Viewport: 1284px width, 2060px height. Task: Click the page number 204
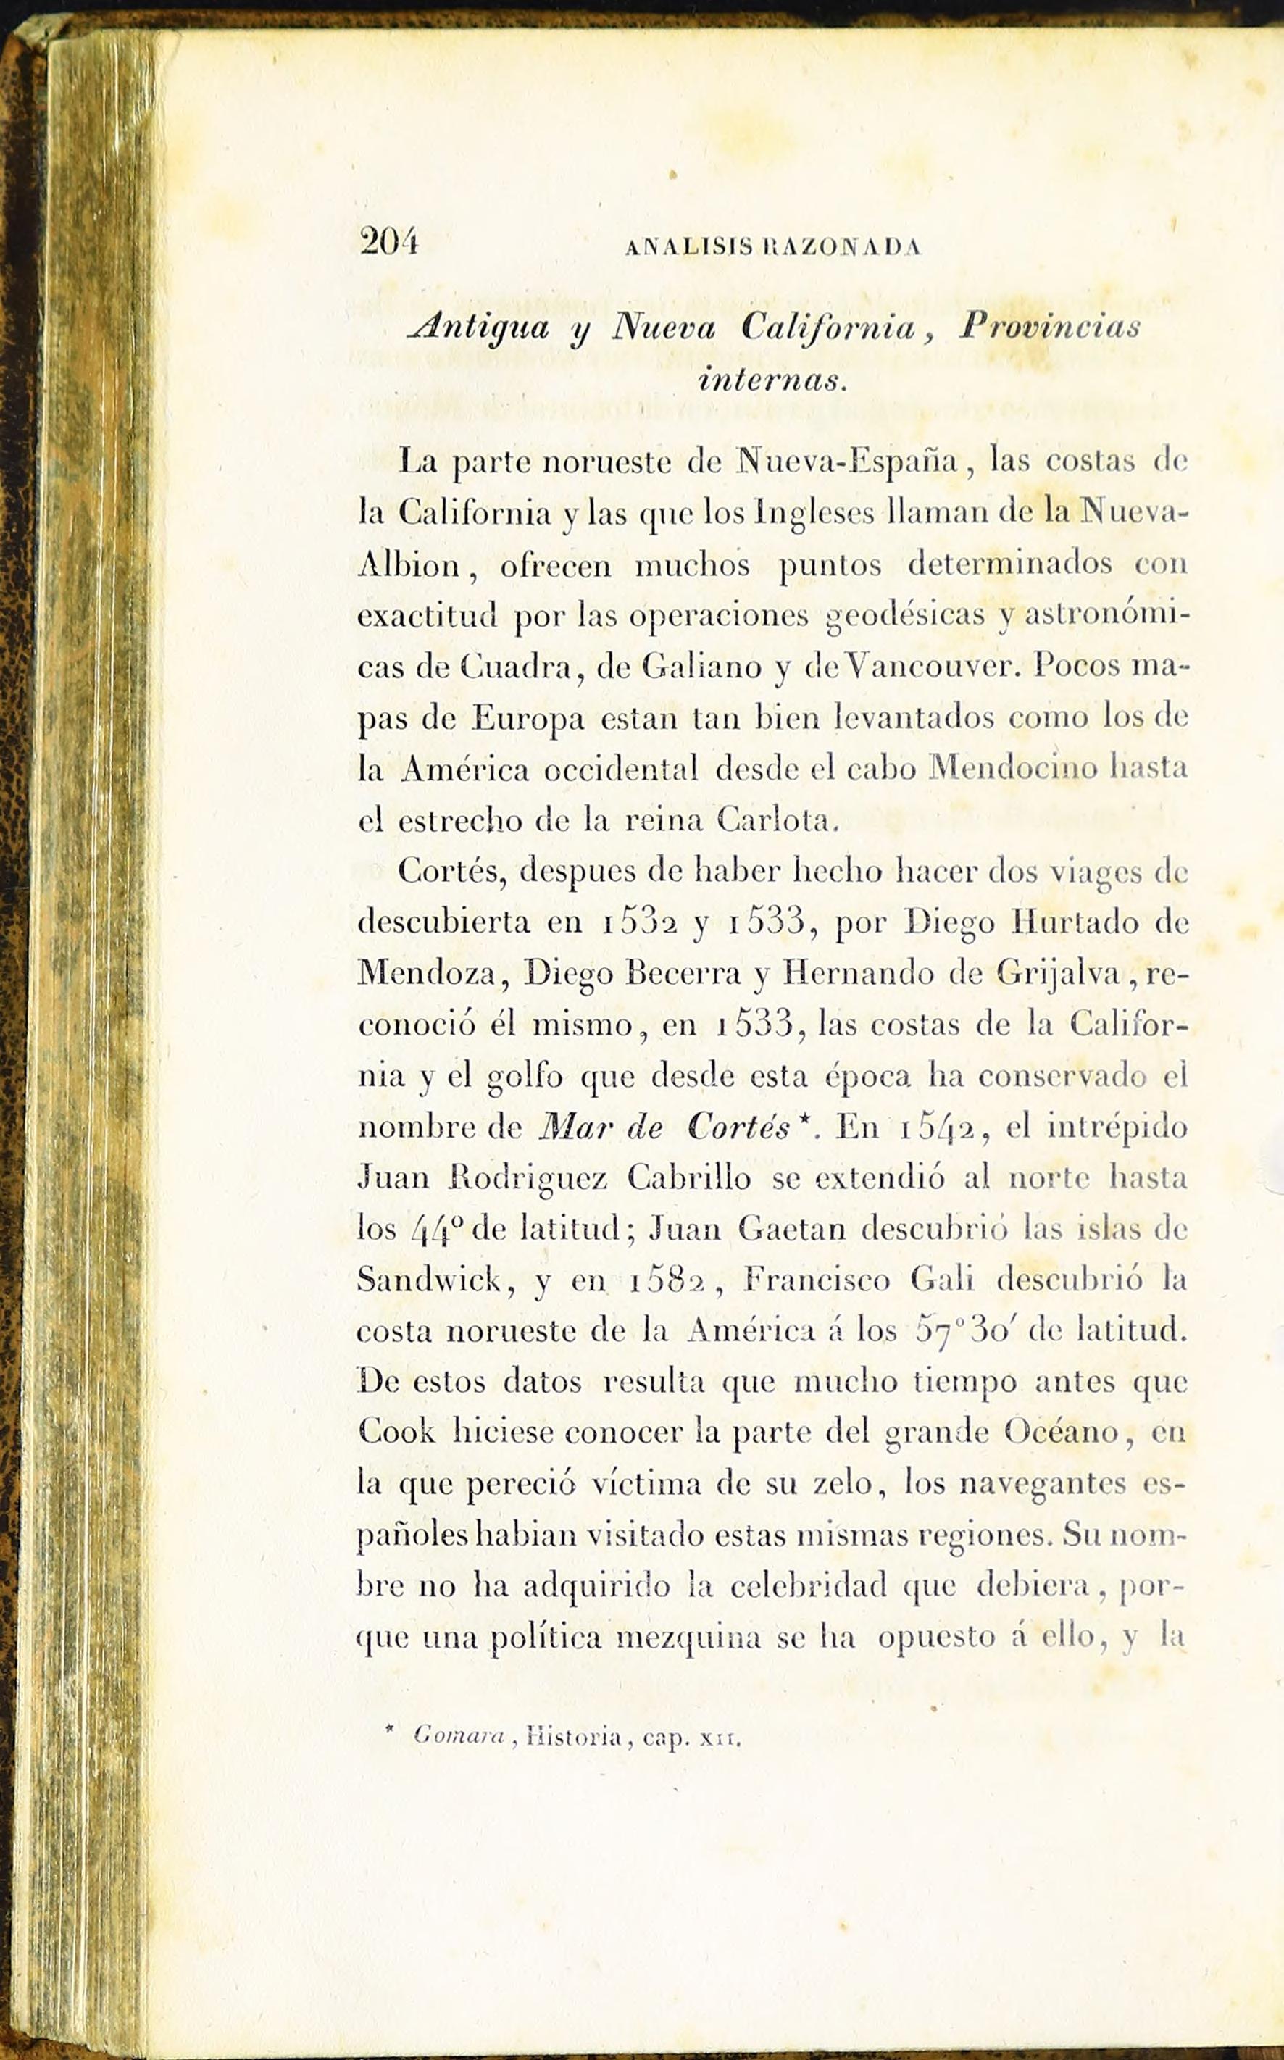click(388, 242)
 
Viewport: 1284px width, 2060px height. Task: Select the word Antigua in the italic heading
click(480, 327)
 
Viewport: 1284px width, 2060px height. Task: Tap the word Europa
click(528, 718)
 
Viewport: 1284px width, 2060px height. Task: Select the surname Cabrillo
click(688, 1180)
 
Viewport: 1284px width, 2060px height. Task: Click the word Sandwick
click(429, 1280)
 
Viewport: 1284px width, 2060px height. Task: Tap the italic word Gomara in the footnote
click(459, 1738)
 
